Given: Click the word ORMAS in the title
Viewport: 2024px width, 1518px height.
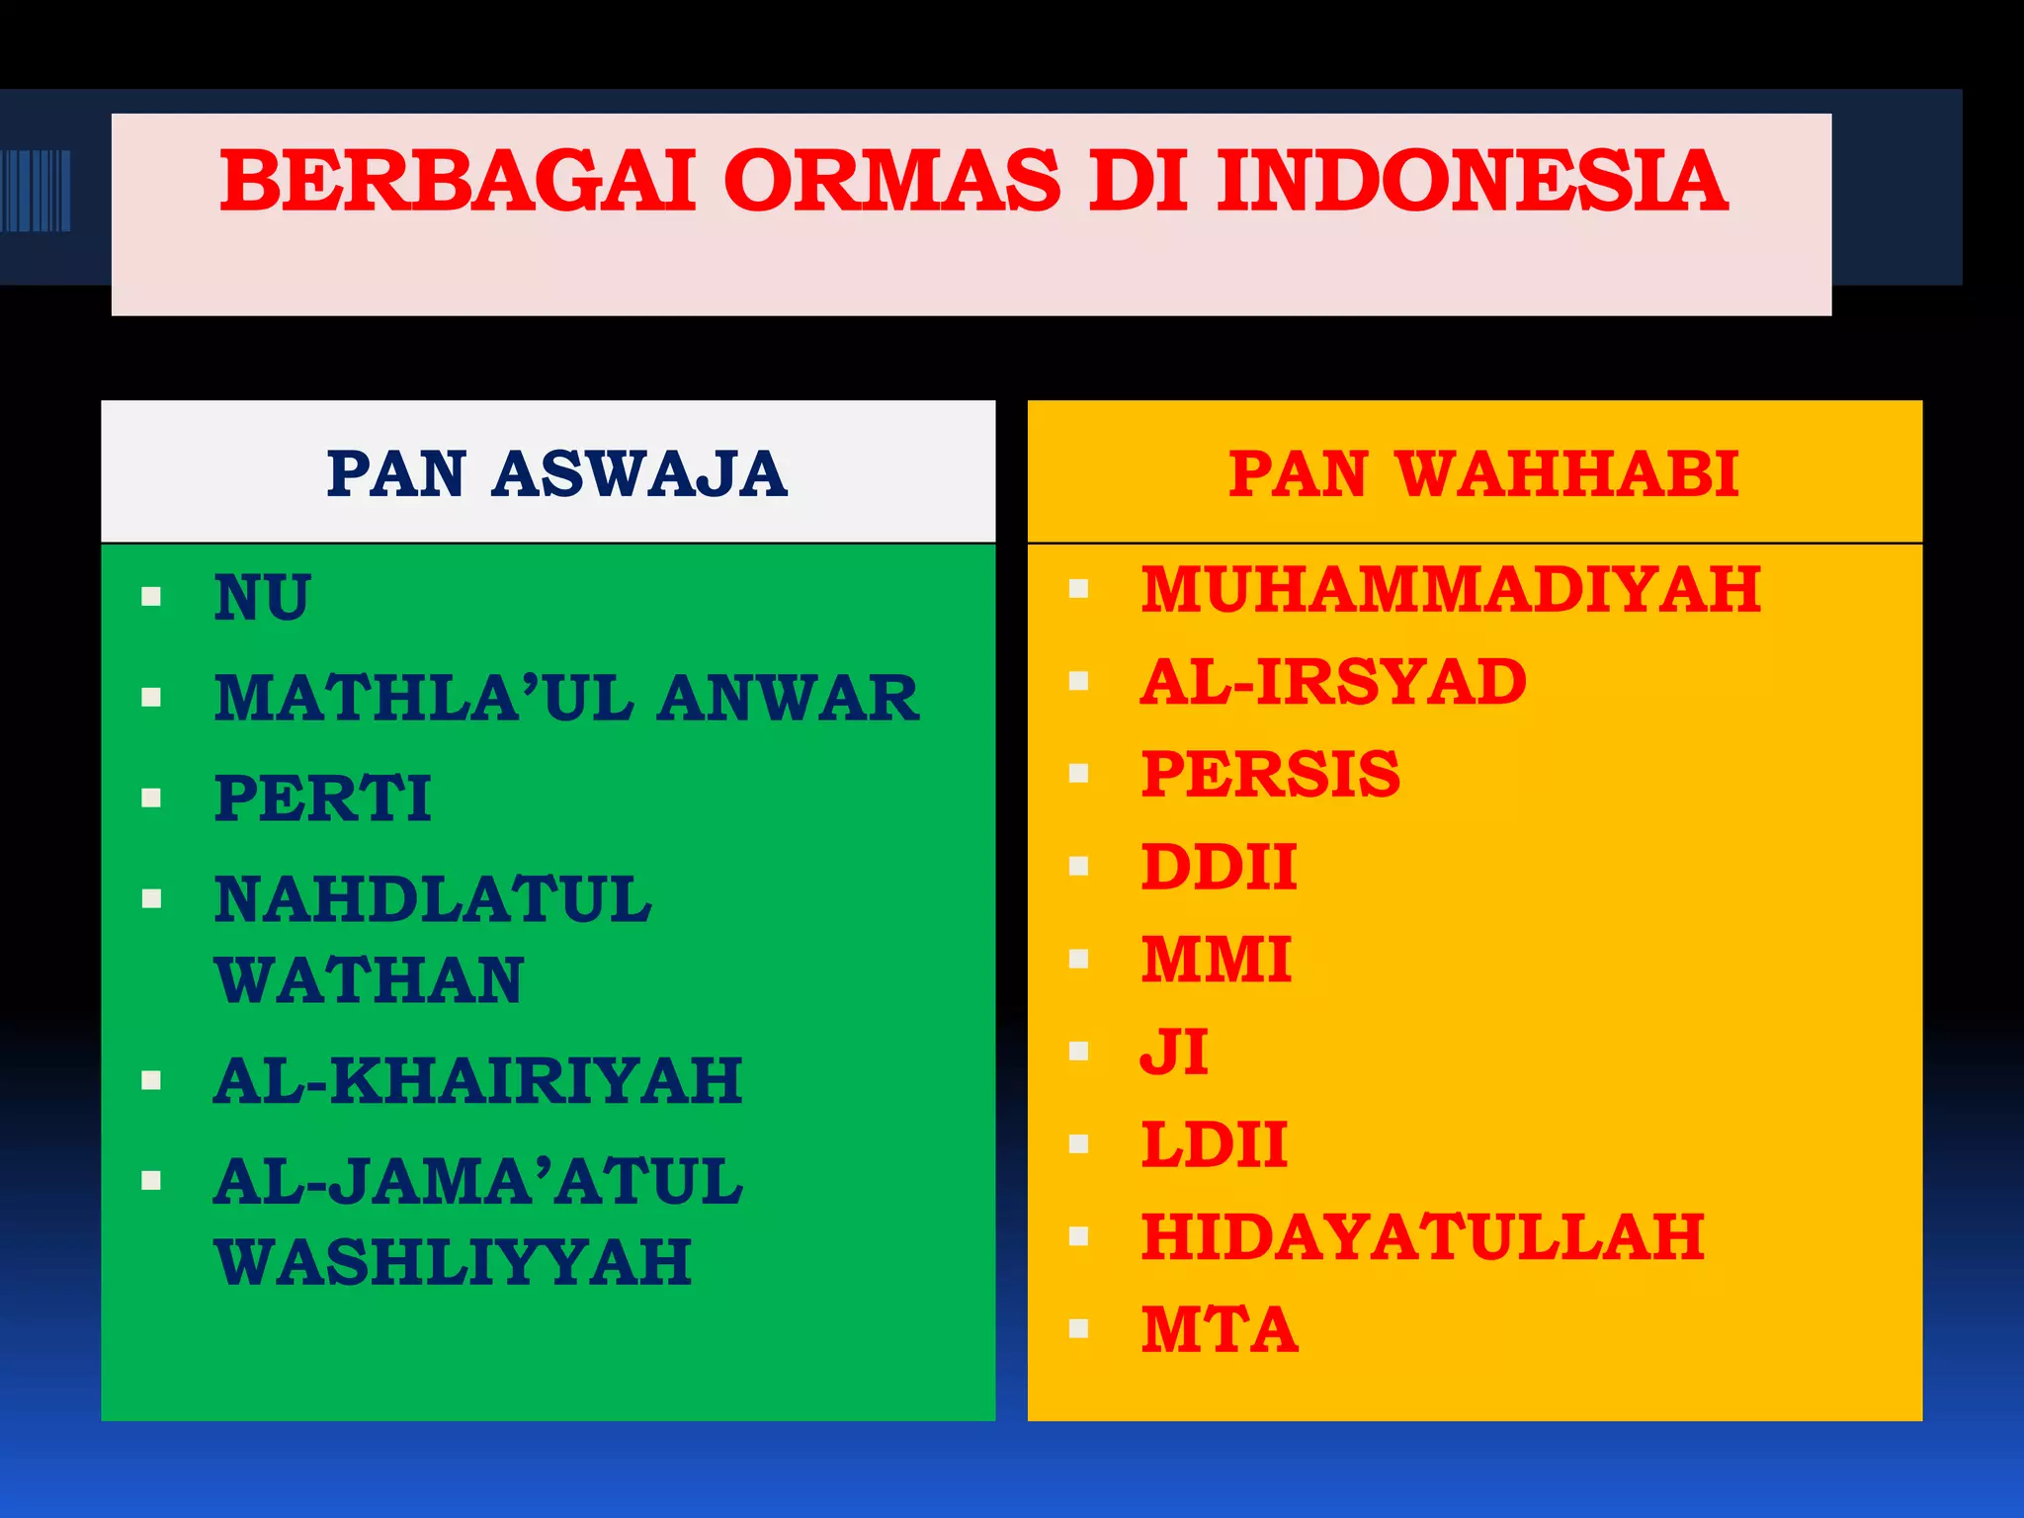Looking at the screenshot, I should pyautogui.click(x=892, y=182).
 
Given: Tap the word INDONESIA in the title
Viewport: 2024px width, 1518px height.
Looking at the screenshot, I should pyautogui.click(x=1472, y=182).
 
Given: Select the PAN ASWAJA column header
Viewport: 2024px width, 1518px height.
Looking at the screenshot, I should pyautogui.click(x=556, y=473).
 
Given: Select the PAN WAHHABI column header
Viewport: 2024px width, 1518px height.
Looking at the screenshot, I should pyautogui.click(x=1482, y=473).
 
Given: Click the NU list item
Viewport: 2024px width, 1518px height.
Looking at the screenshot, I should pyautogui.click(x=263, y=598).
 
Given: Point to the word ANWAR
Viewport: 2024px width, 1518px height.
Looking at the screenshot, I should pyautogui.click(x=788, y=699).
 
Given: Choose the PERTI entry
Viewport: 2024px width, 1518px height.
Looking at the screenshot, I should pyautogui.click(x=323, y=799).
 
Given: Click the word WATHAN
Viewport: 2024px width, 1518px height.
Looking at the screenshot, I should pyautogui.click(x=369, y=981).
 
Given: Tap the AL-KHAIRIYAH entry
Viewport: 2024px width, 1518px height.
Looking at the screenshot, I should pyautogui.click(x=477, y=1080).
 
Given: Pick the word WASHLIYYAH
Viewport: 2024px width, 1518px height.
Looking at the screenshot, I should pyautogui.click(x=453, y=1263).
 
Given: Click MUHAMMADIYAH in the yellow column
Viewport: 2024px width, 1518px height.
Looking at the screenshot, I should pyautogui.click(x=1450, y=590).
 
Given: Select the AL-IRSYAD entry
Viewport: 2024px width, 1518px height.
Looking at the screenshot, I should pyautogui.click(x=1333, y=682).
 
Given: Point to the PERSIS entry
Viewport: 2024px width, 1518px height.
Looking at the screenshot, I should pyautogui.click(x=1270, y=774).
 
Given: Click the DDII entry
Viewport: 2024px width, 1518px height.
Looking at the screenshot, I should pyautogui.click(x=1219, y=867).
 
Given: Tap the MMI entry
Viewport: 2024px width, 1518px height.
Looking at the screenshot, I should pyautogui.click(x=1216, y=960).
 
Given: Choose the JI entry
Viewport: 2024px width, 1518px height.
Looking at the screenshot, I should pyautogui.click(x=1174, y=1052).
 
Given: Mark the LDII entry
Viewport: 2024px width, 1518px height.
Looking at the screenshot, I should pyautogui.click(x=1214, y=1144).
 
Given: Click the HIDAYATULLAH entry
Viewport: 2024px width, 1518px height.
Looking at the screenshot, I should pyautogui.click(x=1422, y=1236).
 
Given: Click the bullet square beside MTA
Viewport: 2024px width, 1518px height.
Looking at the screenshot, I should pyautogui.click(x=1078, y=1329).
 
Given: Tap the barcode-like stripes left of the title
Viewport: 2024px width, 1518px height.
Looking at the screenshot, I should pyautogui.click(x=36, y=190).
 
